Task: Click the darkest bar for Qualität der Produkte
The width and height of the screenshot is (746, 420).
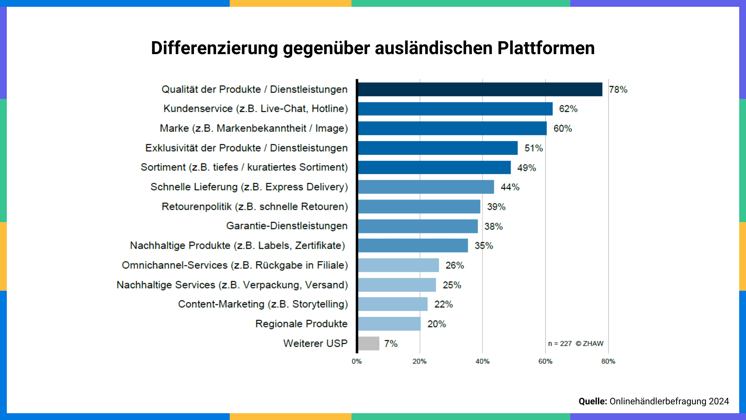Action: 480,89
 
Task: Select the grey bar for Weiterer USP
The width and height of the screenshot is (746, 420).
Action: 369,343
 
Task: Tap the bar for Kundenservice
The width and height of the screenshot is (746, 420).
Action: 455,109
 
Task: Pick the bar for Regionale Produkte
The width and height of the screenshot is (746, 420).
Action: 389,324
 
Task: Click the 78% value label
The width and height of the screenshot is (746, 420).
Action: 618,90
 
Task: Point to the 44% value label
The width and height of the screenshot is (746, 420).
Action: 510,187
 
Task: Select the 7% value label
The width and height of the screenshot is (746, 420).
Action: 391,344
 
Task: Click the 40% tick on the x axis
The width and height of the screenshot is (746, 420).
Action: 483,361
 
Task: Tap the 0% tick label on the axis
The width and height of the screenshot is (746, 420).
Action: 357,361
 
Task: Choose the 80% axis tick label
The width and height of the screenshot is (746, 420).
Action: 608,361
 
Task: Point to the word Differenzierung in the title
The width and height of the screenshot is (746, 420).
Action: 215,48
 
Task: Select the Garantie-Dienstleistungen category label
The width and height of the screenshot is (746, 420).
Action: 287,226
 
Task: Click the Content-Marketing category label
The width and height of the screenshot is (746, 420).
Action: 263,304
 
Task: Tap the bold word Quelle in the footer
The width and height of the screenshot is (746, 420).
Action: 593,401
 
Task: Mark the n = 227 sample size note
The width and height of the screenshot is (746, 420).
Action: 560,344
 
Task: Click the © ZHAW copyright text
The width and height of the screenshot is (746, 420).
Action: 589,344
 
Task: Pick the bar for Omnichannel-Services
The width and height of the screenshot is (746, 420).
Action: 398,265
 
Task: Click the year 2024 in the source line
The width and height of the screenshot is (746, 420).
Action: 719,401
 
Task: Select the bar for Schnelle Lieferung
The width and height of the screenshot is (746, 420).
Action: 426,187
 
